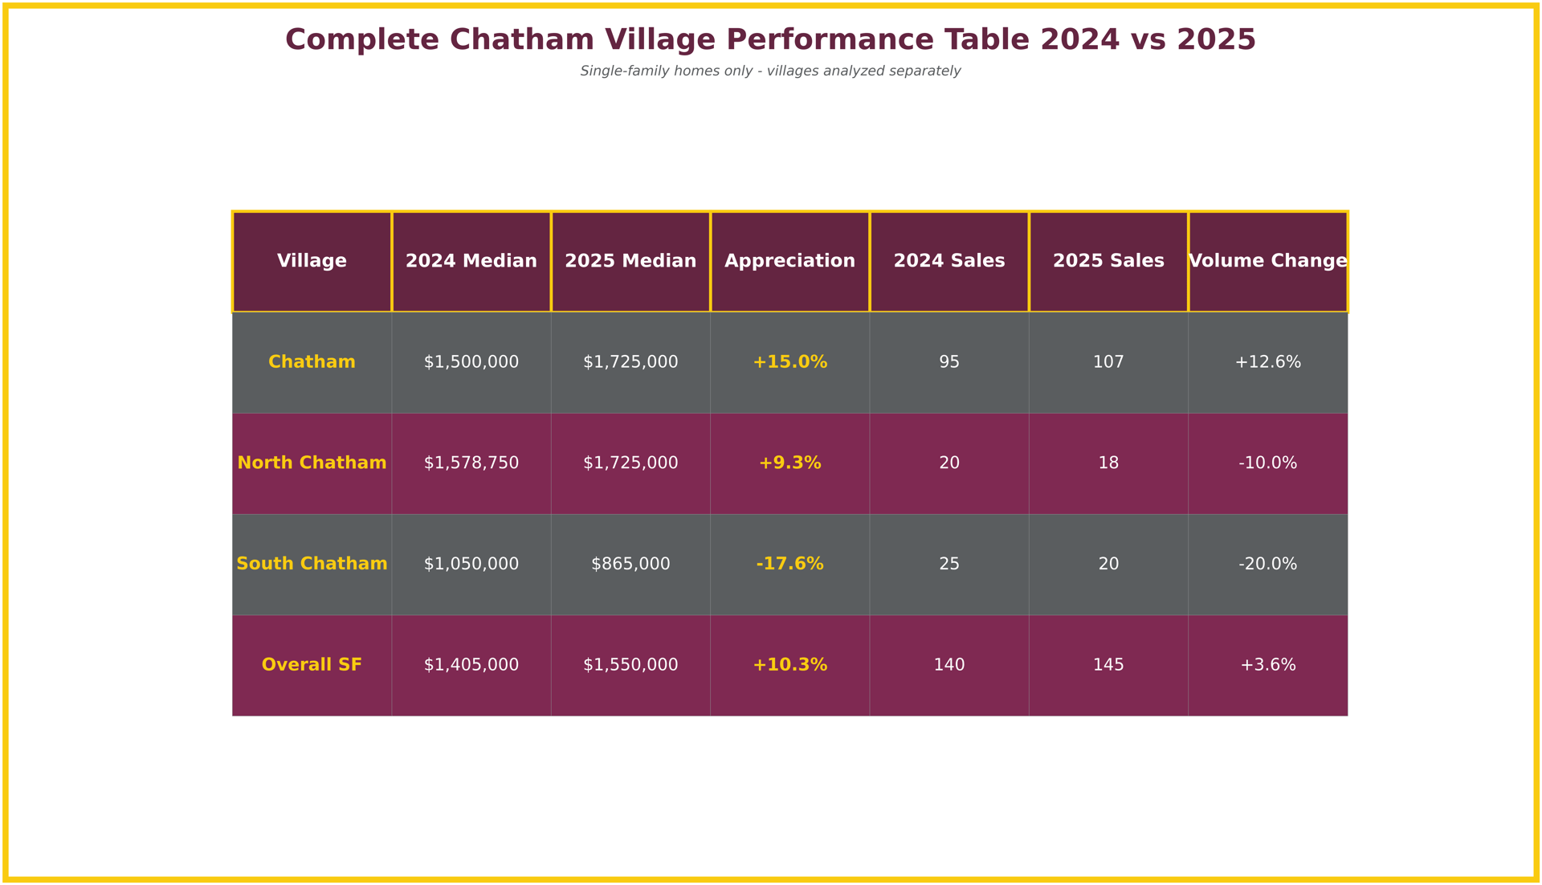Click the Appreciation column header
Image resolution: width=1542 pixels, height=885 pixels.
pyautogui.click(x=789, y=262)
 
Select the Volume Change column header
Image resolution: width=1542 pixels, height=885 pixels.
pyautogui.click(x=1267, y=262)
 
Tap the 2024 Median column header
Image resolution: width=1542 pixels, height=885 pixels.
pyautogui.click(x=471, y=262)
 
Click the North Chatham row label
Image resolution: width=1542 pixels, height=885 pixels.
pyautogui.click(x=312, y=463)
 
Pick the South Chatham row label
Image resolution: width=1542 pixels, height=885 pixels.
pyautogui.click(x=312, y=565)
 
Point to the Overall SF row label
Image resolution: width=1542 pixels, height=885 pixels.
pyautogui.click(x=312, y=665)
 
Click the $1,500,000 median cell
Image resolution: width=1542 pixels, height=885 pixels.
pyautogui.click(x=471, y=363)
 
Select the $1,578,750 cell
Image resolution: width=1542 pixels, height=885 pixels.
pyautogui.click(x=471, y=463)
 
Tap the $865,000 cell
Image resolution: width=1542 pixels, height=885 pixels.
pyautogui.click(x=630, y=565)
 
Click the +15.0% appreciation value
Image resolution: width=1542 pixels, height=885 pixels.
pyautogui.click(x=789, y=363)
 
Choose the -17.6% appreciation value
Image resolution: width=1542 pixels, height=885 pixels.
pyautogui.click(x=789, y=565)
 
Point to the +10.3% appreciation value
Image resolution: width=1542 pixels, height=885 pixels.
pyautogui.click(x=789, y=665)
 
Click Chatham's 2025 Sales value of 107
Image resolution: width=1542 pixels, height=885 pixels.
pyautogui.click(x=1108, y=363)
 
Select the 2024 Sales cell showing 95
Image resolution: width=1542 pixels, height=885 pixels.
pyautogui.click(x=949, y=363)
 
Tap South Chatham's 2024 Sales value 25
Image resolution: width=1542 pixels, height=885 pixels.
pyautogui.click(x=949, y=565)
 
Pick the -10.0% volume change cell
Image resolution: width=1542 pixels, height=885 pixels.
pyautogui.click(x=1267, y=463)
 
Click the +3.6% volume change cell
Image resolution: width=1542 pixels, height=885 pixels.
pyautogui.click(x=1267, y=665)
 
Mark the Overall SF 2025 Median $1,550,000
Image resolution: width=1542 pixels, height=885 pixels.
pyautogui.click(x=630, y=665)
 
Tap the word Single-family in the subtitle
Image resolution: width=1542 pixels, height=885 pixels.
pyautogui.click(x=625, y=71)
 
